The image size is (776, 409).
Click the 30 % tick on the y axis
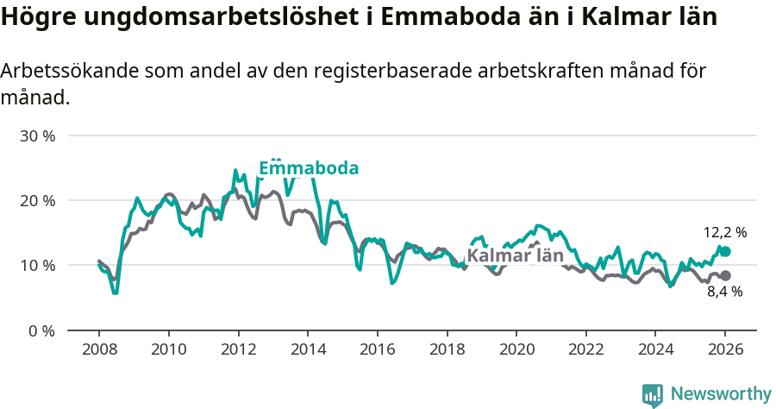(37, 136)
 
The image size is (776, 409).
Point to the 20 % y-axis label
(37, 201)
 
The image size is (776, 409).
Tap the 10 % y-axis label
(37, 266)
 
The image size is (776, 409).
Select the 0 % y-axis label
(41, 330)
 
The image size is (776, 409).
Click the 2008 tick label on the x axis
(98, 351)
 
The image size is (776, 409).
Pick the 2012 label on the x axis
(238, 351)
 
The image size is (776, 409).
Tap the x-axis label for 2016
(377, 351)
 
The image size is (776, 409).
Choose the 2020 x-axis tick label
(516, 351)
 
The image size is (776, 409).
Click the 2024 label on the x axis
(655, 351)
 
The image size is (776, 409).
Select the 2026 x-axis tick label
(725, 351)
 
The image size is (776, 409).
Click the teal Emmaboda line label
(309, 168)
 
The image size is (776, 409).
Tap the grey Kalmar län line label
(515, 256)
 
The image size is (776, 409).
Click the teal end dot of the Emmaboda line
(725, 251)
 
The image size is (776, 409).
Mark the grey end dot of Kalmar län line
(725, 275)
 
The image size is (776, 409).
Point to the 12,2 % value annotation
(724, 232)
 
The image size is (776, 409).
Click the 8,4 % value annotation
(724, 293)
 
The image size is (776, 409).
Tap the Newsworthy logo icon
(652, 394)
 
